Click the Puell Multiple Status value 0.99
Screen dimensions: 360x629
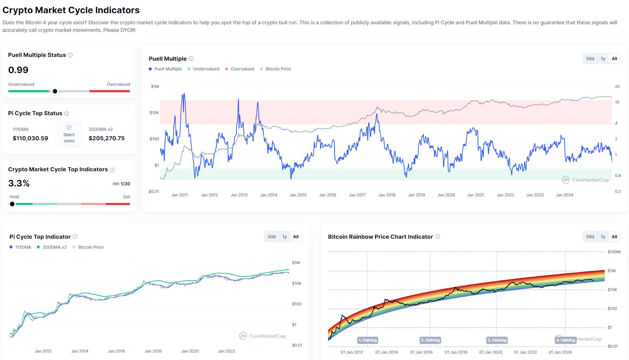pyautogui.click(x=18, y=70)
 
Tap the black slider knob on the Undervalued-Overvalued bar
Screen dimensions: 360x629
pyautogui.click(x=55, y=91)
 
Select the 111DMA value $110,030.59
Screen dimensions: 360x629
pyautogui.click(x=30, y=138)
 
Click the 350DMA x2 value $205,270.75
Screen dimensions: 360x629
pyautogui.click(x=107, y=138)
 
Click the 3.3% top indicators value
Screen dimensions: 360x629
pyautogui.click(x=19, y=184)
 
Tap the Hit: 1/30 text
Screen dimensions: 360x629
pyautogui.click(x=121, y=184)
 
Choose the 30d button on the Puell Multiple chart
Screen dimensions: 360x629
pyautogui.click(x=590, y=59)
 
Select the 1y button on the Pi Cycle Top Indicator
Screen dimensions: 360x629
pyautogui.click(x=284, y=237)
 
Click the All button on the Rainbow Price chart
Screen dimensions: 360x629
pyautogui.click(x=614, y=237)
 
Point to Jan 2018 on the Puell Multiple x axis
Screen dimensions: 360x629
pyautogui.click(x=387, y=195)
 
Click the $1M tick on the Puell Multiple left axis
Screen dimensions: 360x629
pyautogui.click(x=155, y=86)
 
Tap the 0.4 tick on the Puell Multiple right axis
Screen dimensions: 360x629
pyautogui.click(x=618, y=176)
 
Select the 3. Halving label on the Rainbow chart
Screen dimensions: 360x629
pyautogui.click(x=497, y=340)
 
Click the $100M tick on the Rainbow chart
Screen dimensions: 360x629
pyautogui.click(x=614, y=252)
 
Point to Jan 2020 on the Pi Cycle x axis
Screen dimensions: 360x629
pyautogui.click(x=190, y=351)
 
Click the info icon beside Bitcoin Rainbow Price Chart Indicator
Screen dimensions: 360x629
pyautogui.click(x=438, y=237)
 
